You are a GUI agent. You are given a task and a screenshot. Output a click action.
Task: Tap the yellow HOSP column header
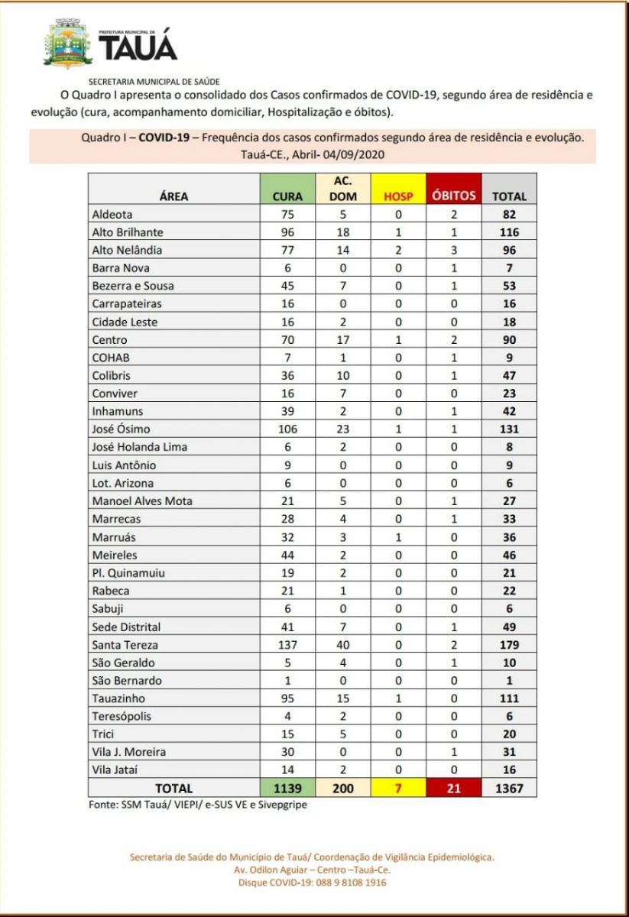tap(398, 196)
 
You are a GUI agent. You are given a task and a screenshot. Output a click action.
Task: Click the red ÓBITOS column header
tap(454, 195)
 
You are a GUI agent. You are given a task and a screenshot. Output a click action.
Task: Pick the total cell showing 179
tap(509, 645)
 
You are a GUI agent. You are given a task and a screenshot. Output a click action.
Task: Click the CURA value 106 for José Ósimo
tap(287, 429)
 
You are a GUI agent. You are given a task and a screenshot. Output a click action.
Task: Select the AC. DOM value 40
tap(342, 645)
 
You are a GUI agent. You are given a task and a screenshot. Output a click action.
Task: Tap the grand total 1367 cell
tap(509, 788)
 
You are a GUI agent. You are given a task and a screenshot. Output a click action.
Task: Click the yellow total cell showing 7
tap(398, 788)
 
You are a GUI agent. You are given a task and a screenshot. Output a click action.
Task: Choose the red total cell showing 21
tap(454, 788)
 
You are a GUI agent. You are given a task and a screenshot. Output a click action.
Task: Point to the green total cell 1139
tap(287, 788)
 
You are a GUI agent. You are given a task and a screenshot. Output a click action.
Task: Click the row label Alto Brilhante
tap(127, 232)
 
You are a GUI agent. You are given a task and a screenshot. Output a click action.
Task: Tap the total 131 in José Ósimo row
tap(509, 429)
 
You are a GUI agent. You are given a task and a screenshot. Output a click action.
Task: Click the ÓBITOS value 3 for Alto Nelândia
tap(454, 250)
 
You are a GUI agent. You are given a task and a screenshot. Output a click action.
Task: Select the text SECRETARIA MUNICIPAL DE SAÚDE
tap(154, 80)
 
